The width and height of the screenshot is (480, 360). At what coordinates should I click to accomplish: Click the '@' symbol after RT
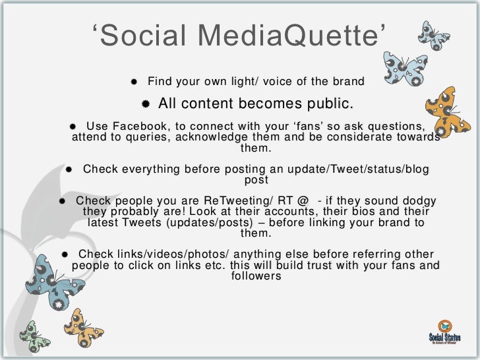304,200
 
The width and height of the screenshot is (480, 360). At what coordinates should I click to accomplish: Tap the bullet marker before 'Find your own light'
134,82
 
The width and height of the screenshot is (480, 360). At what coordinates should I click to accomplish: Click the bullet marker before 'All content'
146,104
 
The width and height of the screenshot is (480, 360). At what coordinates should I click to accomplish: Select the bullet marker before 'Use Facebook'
73,126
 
